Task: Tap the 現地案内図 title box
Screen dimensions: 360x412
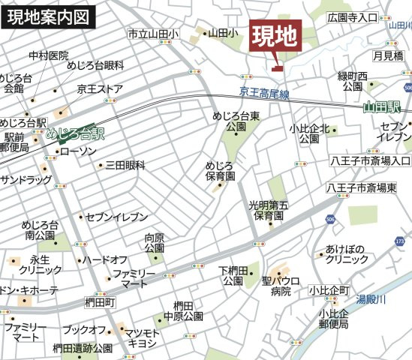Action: [x=49, y=15]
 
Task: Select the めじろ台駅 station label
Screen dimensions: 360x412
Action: [x=75, y=136]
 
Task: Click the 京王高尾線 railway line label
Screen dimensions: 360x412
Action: [x=264, y=92]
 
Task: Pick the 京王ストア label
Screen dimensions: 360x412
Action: [x=99, y=89]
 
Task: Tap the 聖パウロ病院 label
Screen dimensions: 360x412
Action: [x=281, y=286]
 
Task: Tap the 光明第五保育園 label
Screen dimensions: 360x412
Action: [x=268, y=210]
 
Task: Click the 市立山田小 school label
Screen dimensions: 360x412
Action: [x=152, y=34]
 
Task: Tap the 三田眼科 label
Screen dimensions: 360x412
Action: [x=125, y=165]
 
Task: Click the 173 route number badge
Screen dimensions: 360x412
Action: [x=400, y=241]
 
